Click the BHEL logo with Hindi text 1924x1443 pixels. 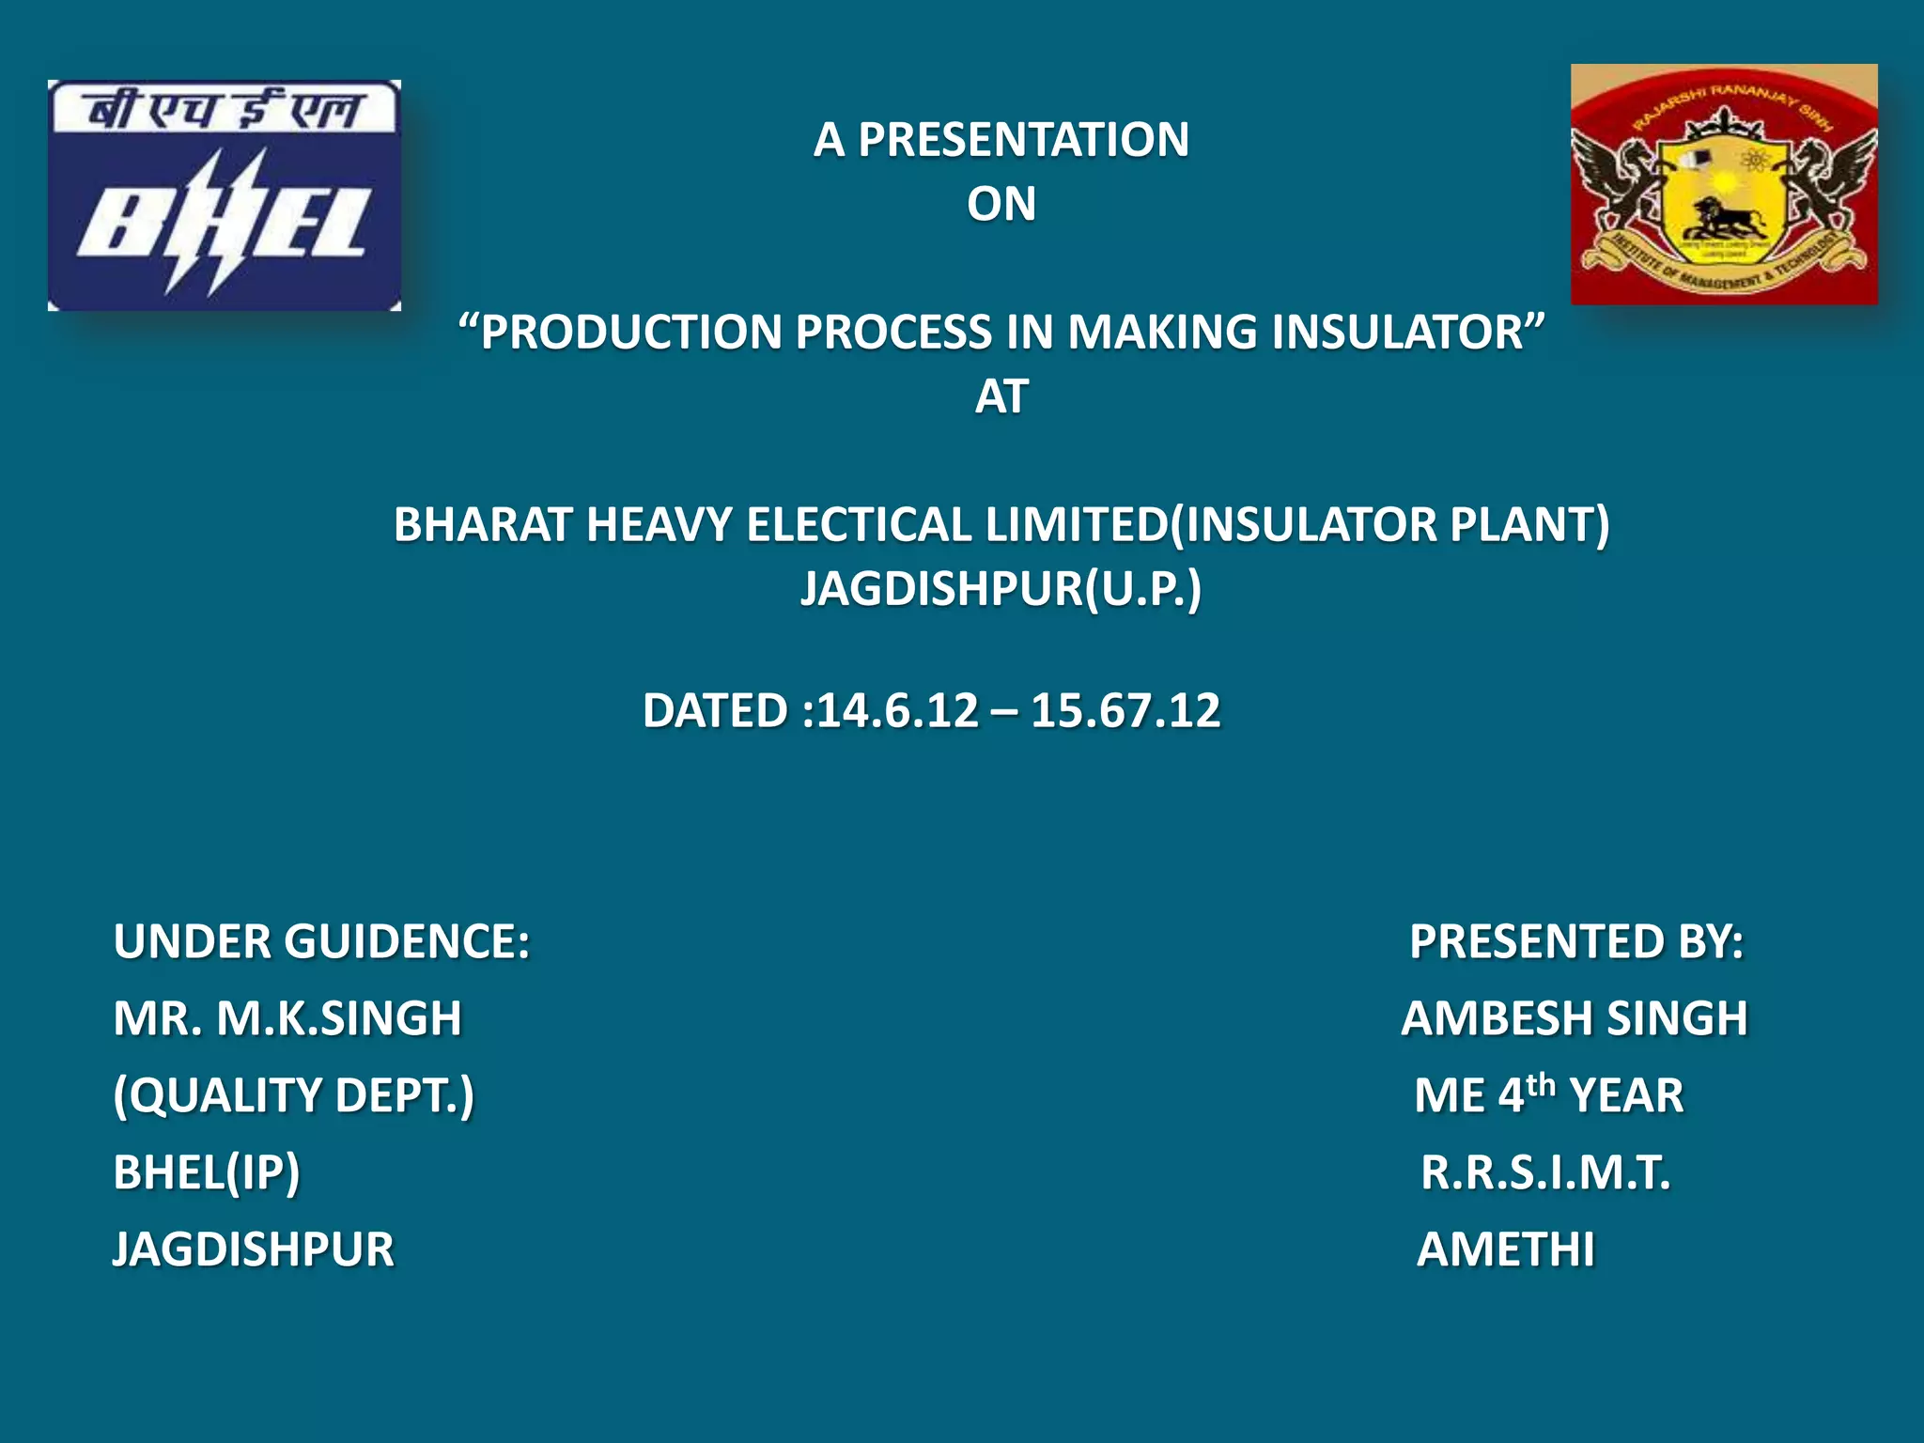(x=225, y=195)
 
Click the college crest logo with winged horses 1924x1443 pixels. (x=1724, y=184)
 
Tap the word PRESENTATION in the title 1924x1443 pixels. (x=1023, y=140)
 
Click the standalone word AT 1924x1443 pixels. (x=1001, y=396)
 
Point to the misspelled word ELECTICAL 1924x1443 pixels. (x=859, y=524)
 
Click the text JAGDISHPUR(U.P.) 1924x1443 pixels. (x=1001, y=589)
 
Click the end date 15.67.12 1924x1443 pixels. (x=1125, y=710)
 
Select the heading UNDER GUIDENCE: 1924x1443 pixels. (x=321, y=941)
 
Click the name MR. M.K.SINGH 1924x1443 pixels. (x=287, y=1018)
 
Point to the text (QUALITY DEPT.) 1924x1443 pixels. (x=293, y=1095)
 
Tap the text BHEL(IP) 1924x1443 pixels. (x=207, y=1172)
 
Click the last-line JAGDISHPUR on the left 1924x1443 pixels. (x=254, y=1249)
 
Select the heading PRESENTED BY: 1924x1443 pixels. (x=1575, y=941)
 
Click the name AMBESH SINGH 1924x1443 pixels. (x=1574, y=1018)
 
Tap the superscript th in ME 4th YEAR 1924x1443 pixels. (x=1541, y=1084)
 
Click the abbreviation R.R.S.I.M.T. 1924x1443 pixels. (x=1545, y=1172)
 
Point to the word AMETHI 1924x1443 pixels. (x=1505, y=1249)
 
